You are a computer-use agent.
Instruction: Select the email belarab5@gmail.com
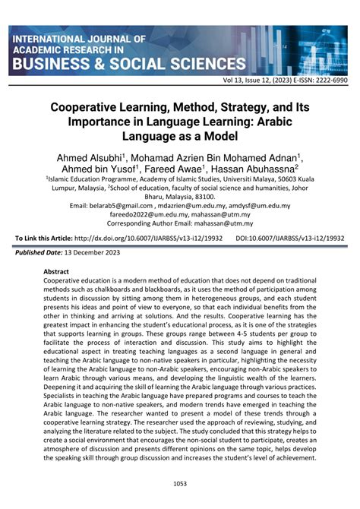click(x=99, y=205)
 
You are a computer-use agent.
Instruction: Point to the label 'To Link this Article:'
click(x=43, y=238)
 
